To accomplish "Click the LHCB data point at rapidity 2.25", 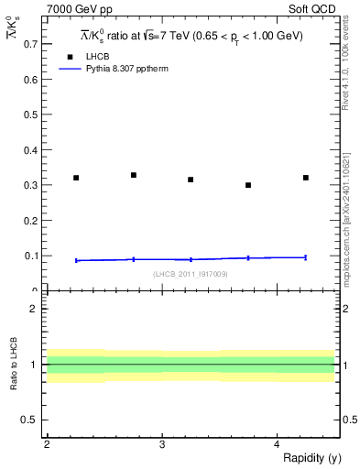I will point(76,178).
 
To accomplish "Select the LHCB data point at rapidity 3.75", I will point(248,185).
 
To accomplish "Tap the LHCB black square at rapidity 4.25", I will point(306,178).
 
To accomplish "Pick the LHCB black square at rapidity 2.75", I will point(134,175).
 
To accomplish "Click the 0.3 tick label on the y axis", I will point(34,185).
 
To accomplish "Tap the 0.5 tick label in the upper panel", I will point(34,115).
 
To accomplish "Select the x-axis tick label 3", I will point(161,444).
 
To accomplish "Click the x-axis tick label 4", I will point(277,444).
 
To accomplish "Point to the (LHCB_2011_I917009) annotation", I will point(191,274).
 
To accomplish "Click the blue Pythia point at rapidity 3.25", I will point(191,259).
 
